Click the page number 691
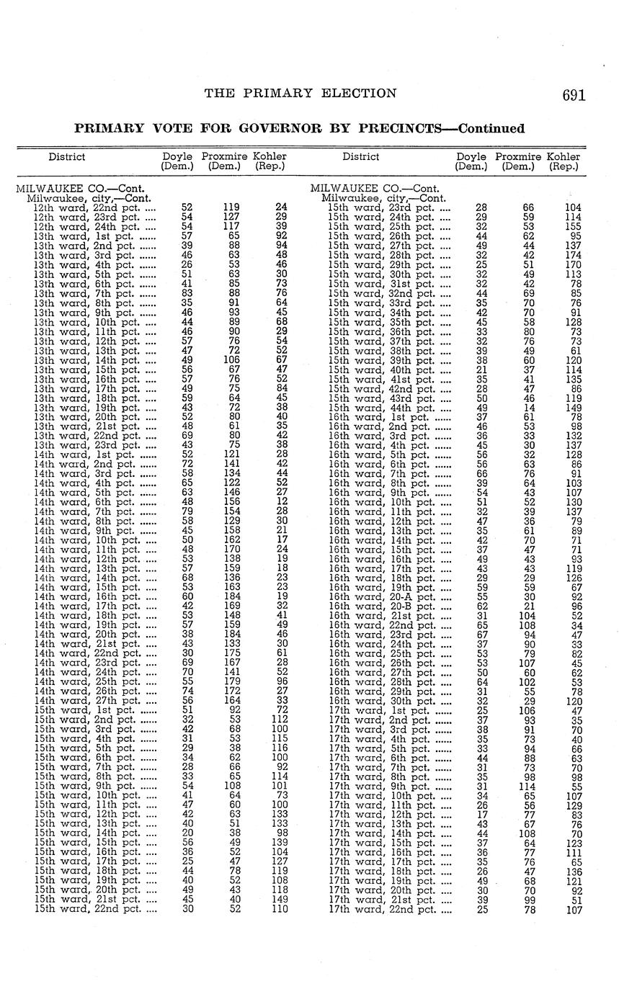click(574, 95)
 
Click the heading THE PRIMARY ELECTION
click(300, 93)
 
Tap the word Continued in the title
click(491, 129)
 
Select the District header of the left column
click(67, 156)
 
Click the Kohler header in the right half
click(563, 156)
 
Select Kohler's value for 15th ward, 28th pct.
click(574, 255)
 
